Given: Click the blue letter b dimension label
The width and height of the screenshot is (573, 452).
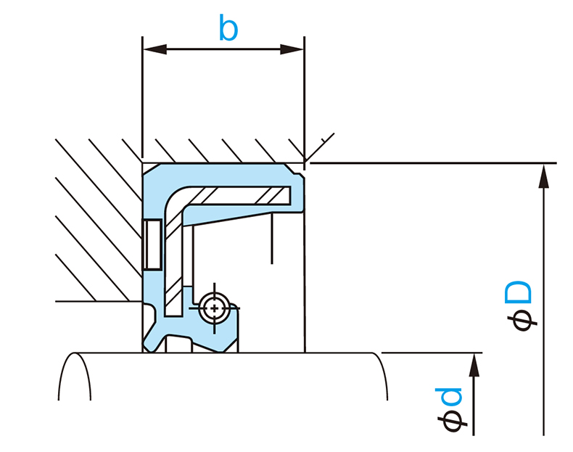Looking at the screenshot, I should pyautogui.click(x=228, y=29).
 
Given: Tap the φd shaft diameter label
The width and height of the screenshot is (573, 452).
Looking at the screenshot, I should pyautogui.click(x=450, y=410).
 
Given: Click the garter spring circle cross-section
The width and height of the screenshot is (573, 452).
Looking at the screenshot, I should pyautogui.click(x=214, y=308).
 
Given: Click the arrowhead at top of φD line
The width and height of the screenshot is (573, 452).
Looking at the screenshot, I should pyautogui.click(x=543, y=174).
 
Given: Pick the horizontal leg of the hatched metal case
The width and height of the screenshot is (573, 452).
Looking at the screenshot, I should pyautogui.click(x=239, y=195).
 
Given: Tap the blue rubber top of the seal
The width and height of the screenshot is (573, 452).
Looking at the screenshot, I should pyautogui.click(x=218, y=173).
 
